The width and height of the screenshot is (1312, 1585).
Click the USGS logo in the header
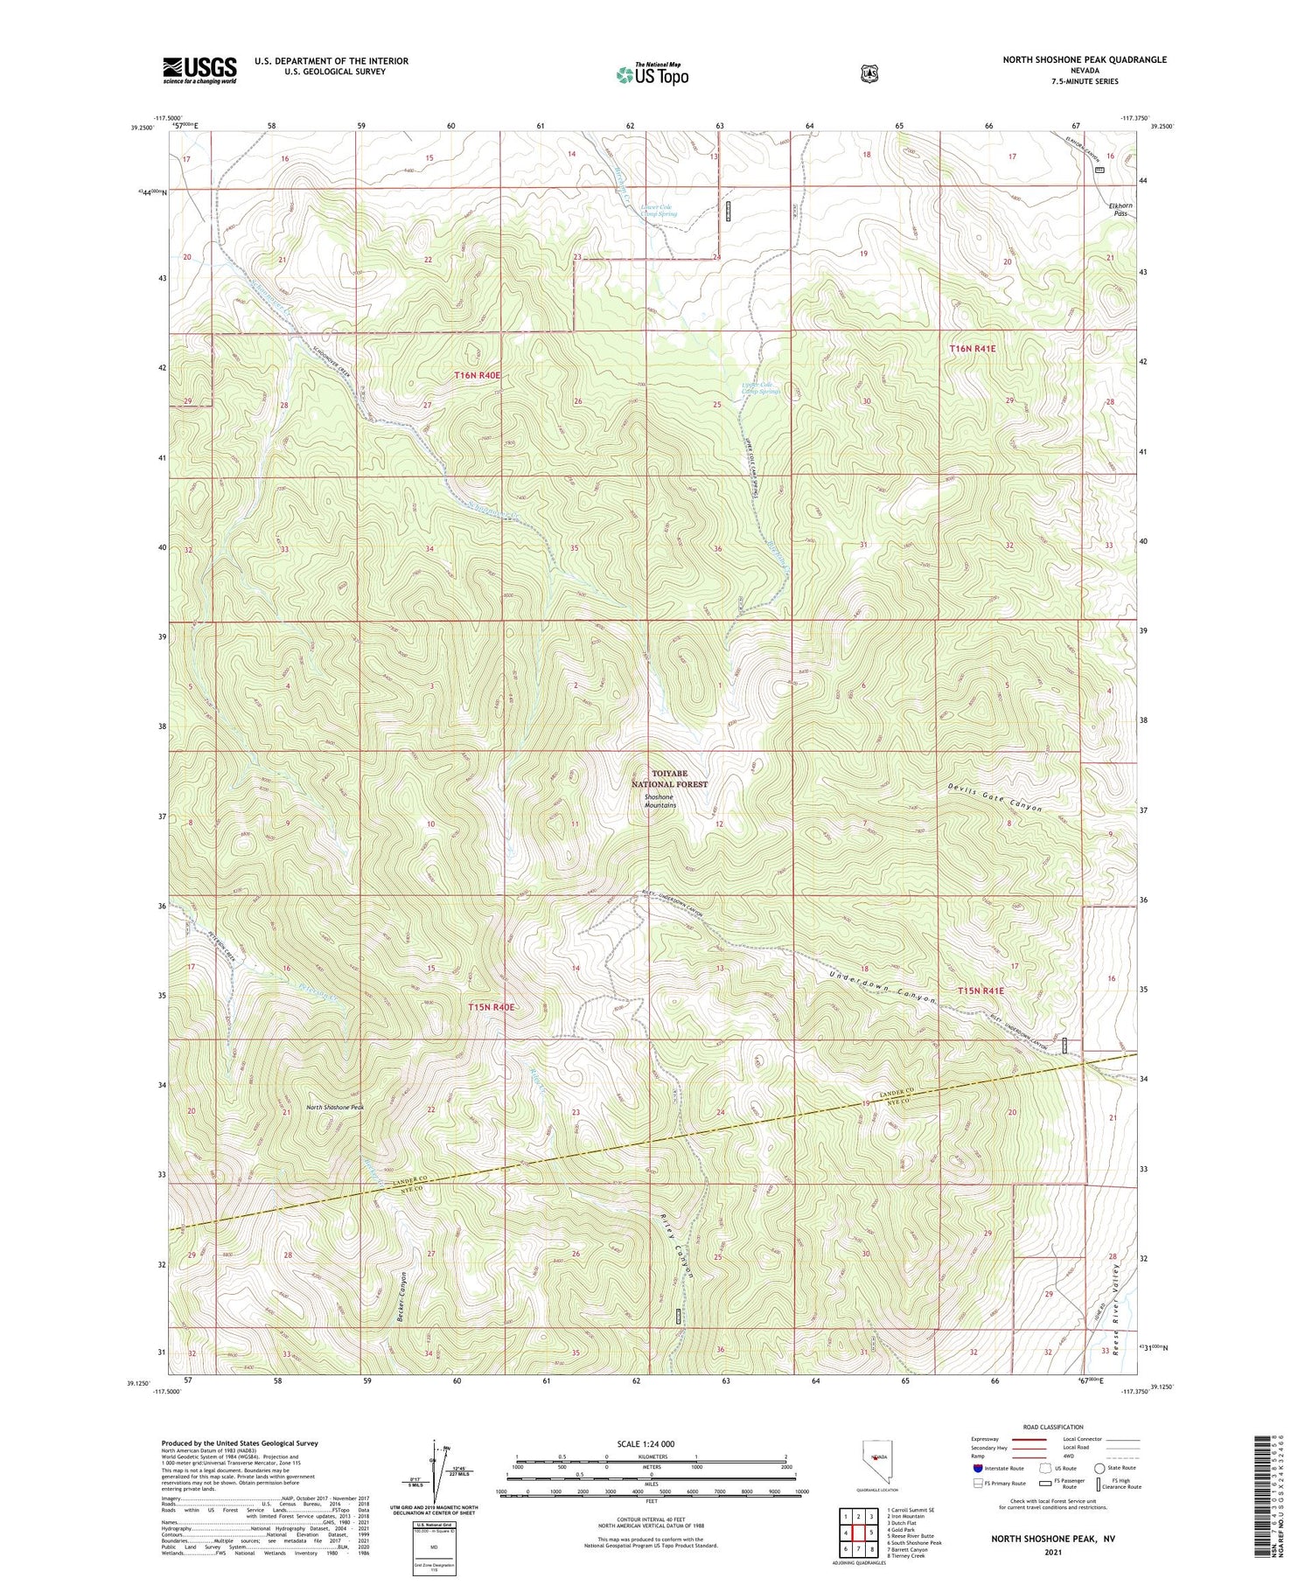click(199, 70)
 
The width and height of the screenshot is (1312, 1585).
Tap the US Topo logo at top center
click(653, 74)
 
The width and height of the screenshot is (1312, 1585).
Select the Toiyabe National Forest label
click(666, 779)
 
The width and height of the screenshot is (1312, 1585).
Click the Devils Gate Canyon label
click(995, 796)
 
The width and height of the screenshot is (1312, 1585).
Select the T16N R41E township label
click(972, 349)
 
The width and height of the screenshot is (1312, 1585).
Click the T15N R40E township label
click(491, 1007)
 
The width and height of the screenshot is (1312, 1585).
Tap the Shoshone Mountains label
click(659, 801)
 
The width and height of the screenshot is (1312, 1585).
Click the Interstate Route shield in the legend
click(977, 1469)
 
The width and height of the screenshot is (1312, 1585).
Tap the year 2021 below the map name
click(1054, 1552)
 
